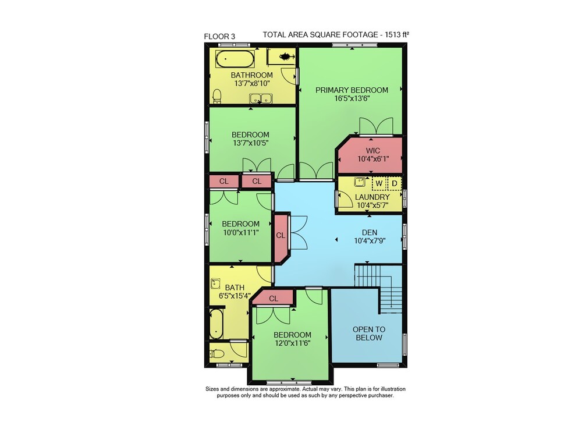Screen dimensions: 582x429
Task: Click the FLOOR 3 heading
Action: point(219,36)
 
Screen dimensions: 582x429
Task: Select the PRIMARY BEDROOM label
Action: point(352,90)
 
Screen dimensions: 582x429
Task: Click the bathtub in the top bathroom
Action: point(235,58)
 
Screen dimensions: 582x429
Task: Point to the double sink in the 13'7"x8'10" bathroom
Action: point(261,99)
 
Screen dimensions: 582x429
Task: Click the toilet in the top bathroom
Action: point(217,96)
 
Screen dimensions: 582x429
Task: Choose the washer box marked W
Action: point(379,183)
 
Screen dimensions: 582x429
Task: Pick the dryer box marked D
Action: point(395,183)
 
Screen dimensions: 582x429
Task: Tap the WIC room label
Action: point(372,151)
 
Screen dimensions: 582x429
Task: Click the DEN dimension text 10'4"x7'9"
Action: point(370,241)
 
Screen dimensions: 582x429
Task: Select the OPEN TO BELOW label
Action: point(369,334)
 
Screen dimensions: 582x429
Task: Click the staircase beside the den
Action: point(379,288)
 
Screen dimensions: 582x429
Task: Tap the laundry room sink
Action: point(359,182)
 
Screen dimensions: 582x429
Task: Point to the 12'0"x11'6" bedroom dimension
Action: point(293,343)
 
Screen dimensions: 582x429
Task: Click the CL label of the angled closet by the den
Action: point(281,236)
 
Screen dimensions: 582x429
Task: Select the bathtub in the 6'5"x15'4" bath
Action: point(216,323)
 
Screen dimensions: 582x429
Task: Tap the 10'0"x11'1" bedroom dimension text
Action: point(240,232)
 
